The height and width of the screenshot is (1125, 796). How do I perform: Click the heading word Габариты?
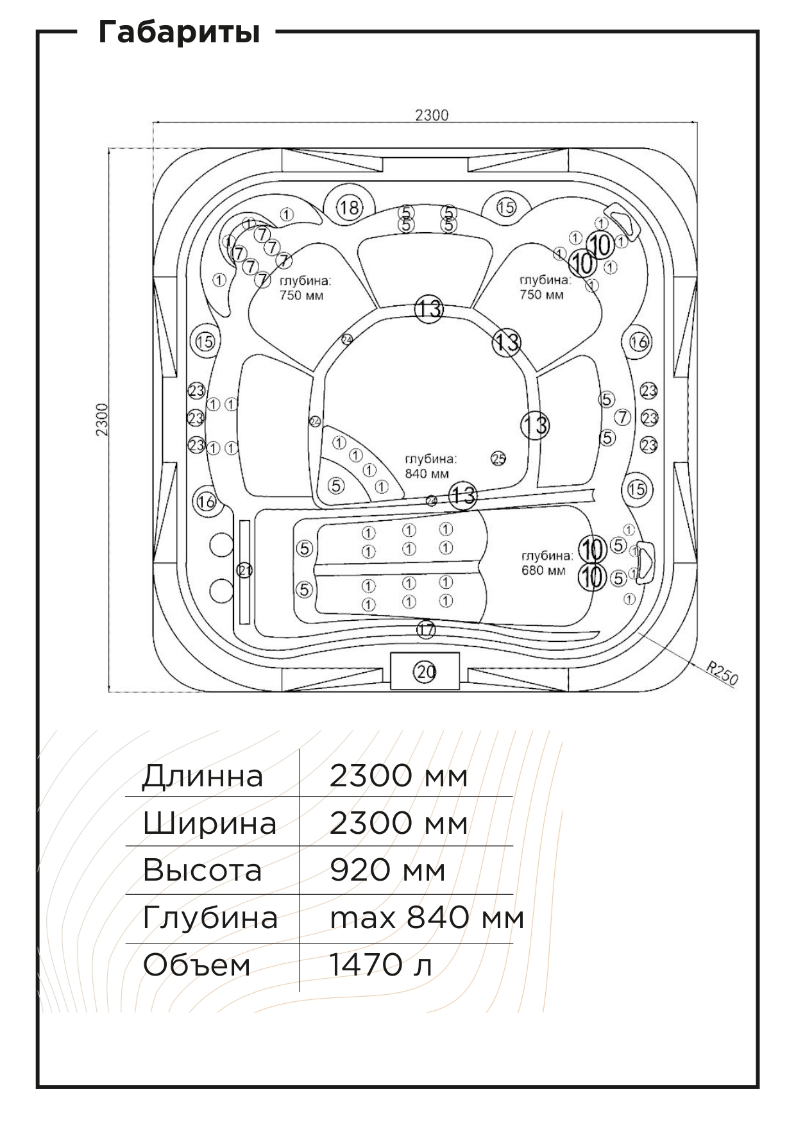[x=179, y=32]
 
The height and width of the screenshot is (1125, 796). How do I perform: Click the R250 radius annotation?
[x=722, y=675]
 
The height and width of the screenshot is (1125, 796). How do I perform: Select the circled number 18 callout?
[x=350, y=207]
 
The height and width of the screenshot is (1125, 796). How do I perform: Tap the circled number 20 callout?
[x=426, y=672]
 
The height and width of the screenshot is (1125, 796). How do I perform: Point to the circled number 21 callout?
[x=244, y=570]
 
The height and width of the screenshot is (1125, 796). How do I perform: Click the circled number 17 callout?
[x=426, y=630]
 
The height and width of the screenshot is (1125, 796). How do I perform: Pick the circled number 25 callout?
[x=498, y=458]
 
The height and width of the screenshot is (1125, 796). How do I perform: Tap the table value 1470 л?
[x=380, y=965]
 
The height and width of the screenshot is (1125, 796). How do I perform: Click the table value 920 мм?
[x=387, y=870]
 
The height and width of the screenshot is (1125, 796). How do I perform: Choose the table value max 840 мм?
[x=427, y=918]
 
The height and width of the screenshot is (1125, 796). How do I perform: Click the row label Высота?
[x=202, y=870]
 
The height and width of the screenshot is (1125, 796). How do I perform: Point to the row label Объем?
[x=196, y=965]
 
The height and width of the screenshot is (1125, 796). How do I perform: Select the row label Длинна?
[x=202, y=775]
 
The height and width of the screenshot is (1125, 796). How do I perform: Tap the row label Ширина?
[x=209, y=823]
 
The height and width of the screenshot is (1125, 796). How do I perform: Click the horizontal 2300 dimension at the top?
[x=432, y=115]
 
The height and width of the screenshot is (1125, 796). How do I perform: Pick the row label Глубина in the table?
[x=210, y=918]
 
